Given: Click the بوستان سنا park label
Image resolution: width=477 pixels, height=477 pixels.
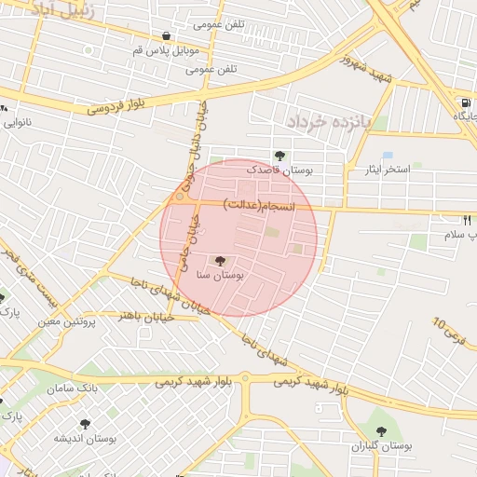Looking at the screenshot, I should pos(221,276).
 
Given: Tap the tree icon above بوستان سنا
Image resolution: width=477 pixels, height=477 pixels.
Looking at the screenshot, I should pos(220,262).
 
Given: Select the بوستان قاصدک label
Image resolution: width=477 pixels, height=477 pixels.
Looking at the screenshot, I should pos(280,170).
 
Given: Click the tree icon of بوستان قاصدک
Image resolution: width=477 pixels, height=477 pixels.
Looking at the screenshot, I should pos(279,156).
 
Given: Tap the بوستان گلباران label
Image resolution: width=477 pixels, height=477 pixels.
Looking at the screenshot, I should pos(381,446).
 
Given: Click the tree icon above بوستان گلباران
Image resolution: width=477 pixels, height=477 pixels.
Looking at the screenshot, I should pos(381,431).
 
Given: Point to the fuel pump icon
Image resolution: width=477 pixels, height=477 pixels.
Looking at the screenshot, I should pos(465,103).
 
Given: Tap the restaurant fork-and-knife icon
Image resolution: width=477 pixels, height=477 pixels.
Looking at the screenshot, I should pos(467,221).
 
